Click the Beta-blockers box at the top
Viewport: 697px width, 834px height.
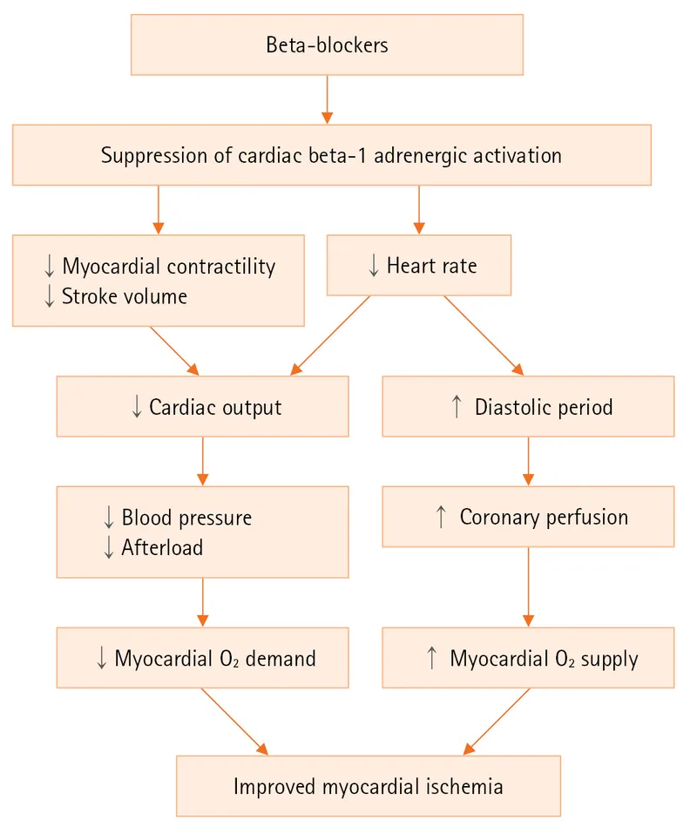coord(327,44)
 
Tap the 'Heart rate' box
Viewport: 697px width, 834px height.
coord(418,266)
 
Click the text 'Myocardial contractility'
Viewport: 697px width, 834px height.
coord(168,267)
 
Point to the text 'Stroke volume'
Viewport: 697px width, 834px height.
coord(124,296)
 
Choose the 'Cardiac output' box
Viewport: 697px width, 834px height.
coord(202,407)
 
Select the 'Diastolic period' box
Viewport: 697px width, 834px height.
coord(528,407)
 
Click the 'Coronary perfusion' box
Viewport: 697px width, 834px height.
coord(528,517)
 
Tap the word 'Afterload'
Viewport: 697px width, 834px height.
coord(162,547)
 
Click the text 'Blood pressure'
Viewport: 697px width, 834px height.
coord(186,518)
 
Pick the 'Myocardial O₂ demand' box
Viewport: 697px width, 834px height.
coord(202,658)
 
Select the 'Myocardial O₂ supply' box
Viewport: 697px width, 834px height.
coord(528,658)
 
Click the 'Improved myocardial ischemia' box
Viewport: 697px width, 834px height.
coord(368,786)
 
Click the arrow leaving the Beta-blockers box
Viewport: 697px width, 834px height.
coord(328,98)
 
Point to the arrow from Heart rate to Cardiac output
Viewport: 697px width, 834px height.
coord(331,336)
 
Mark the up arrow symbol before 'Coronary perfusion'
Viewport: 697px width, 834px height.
coord(440,517)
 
